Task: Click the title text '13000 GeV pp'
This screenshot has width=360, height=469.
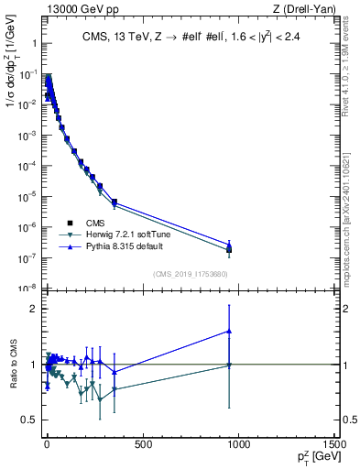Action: [x=74, y=9]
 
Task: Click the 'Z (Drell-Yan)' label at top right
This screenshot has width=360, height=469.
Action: [x=303, y=9]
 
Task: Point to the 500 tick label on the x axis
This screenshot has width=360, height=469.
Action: [x=142, y=444]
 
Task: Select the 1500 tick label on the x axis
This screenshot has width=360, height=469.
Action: [x=333, y=444]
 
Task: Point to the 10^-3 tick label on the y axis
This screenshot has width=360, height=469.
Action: [x=26, y=135]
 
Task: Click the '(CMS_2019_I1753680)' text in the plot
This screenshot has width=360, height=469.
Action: [x=191, y=274]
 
